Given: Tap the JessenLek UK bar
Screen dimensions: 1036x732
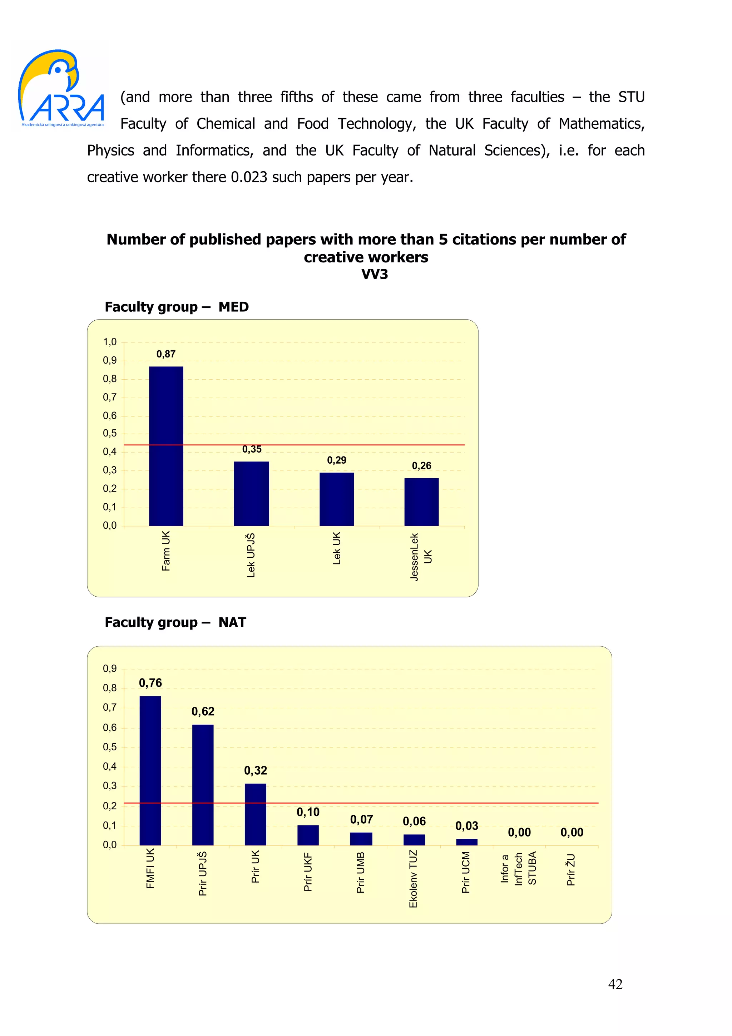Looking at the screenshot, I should click(421, 502).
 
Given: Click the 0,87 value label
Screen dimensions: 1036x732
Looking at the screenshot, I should click(166, 354).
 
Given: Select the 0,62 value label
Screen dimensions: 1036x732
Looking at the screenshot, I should click(203, 711).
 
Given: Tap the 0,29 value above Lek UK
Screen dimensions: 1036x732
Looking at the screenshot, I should click(336, 460).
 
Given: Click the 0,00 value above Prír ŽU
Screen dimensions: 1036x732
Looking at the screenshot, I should click(572, 833).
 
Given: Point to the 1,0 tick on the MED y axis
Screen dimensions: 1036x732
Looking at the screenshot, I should click(110, 342).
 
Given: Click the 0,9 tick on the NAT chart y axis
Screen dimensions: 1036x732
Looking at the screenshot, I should click(110, 669).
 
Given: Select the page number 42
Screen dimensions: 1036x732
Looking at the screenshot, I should click(615, 984).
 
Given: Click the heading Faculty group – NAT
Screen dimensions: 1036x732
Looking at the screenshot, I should click(175, 622).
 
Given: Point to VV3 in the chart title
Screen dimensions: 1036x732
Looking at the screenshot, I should click(374, 274).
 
